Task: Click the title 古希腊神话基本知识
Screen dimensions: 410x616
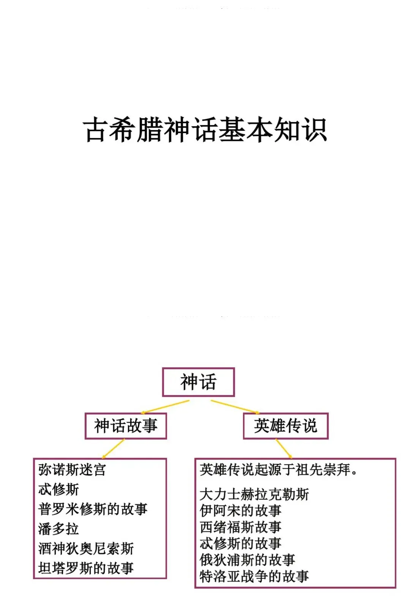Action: click(x=205, y=130)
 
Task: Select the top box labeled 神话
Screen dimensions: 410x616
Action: click(x=198, y=382)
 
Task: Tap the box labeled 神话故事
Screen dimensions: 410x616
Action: click(x=126, y=426)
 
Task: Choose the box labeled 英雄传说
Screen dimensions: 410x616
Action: click(x=285, y=426)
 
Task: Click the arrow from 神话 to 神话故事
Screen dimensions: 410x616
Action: click(x=165, y=406)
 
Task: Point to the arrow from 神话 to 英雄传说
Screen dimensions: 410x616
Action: click(x=235, y=406)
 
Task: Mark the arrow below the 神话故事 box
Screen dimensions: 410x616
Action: click(x=113, y=449)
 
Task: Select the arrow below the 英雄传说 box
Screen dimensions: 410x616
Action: click(x=284, y=449)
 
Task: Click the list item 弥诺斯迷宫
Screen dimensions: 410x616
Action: click(x=72, y=470)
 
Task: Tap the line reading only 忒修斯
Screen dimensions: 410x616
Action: click(x=58, y=489)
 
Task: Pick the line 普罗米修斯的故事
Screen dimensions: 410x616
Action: click(x=93, y=509)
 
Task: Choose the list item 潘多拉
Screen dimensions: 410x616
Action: click(x=58, y=529)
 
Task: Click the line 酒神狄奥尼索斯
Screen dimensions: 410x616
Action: click(x=86, y=549)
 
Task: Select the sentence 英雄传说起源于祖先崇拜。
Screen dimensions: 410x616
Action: click(x=279, y=470)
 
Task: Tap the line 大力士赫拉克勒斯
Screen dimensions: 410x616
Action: click(x=254, y=494)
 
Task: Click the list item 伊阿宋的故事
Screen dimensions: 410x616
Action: click(x=241, y=511)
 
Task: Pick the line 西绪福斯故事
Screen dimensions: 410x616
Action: click(x=241, y=527)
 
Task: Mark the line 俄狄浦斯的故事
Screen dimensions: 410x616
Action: click(x=248, y=560)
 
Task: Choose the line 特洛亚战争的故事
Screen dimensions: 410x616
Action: click(x=254, y=576)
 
